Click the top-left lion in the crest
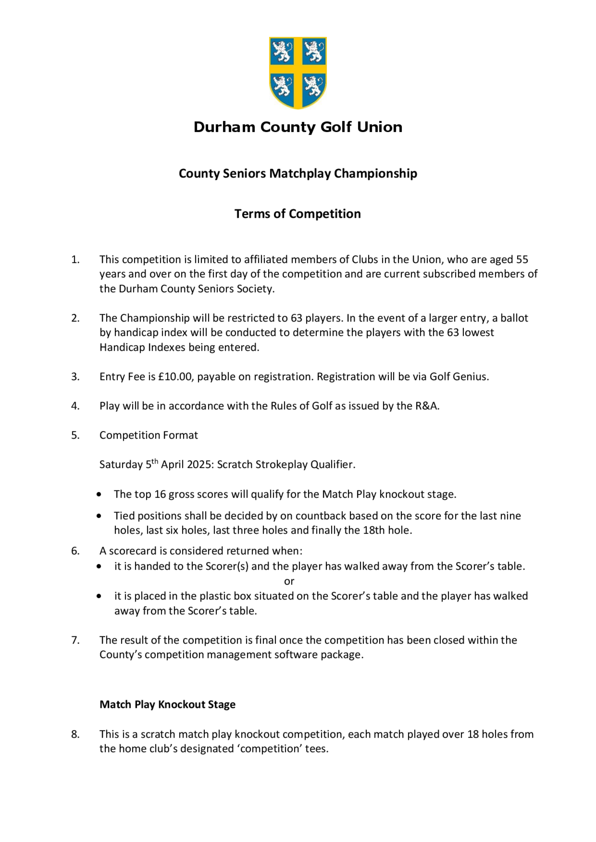(x=282, y=52)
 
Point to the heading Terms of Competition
(x=297, y=214)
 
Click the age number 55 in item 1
(x=522, y=260)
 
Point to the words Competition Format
(x=148, y=435)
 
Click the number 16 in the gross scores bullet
(x=160, y=494)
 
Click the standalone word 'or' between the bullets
(x=289, y=581)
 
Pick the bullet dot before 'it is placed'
(x=99, y=596)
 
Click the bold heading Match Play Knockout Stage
(x=167, y=704)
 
